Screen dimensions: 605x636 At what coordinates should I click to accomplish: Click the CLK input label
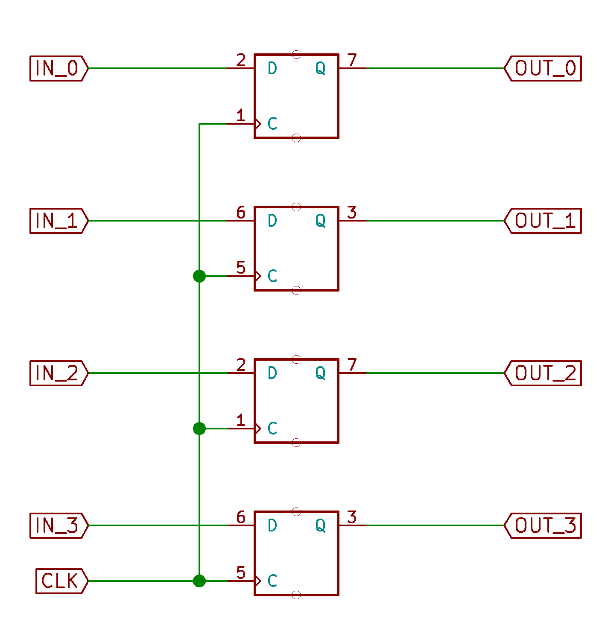pyautogui.click(x=62, y=581)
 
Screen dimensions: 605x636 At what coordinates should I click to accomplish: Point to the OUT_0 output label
pyautogui.click(x=543, y=68)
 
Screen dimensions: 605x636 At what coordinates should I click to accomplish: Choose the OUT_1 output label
pyautogui.click(x=543, y=221)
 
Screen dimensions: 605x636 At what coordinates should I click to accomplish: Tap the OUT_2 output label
pyautogui.click(x=543, y=373)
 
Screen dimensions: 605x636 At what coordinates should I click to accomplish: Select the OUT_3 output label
pyautogui.click(x=543, y=525)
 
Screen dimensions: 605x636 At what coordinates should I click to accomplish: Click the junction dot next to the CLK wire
pyautogui.click(x=199, y=581)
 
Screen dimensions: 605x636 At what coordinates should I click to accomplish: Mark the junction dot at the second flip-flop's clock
pyautogui.click(x=199, y=276)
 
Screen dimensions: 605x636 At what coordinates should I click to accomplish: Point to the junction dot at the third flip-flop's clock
pyautogui.click(x=199, y=429)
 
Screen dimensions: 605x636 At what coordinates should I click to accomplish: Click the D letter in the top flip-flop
pyautogui.click(x=272, y=68)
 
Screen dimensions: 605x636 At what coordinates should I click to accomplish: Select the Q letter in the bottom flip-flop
pyautogui.click(x=320, y=526)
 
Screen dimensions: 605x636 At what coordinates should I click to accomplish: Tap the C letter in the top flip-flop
pyautogui.click(x=272, y=124)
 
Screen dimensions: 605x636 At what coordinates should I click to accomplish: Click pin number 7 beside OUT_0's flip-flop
pyautogui.click(x=352, y=60)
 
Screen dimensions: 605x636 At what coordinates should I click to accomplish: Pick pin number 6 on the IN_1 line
pyautogui.click(x=241, y=213)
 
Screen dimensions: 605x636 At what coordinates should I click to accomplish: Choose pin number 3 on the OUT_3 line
pyautogui.click(x=352, y=517)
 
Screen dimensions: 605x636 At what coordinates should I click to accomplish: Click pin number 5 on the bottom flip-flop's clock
pyautogui.click(x=241, y=572)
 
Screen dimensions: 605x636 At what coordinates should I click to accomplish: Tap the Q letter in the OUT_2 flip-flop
pyautogui.click(x=320, y=373)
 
